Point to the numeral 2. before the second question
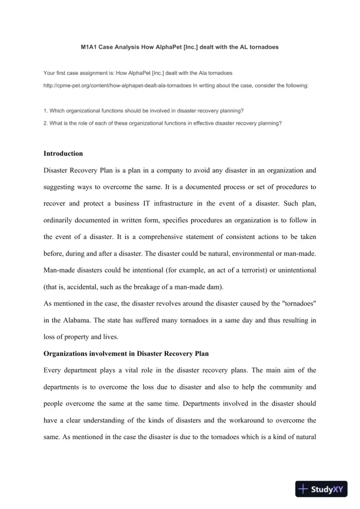pos(46,123)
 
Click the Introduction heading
pos(64,154)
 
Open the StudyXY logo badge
pos(321,488)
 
